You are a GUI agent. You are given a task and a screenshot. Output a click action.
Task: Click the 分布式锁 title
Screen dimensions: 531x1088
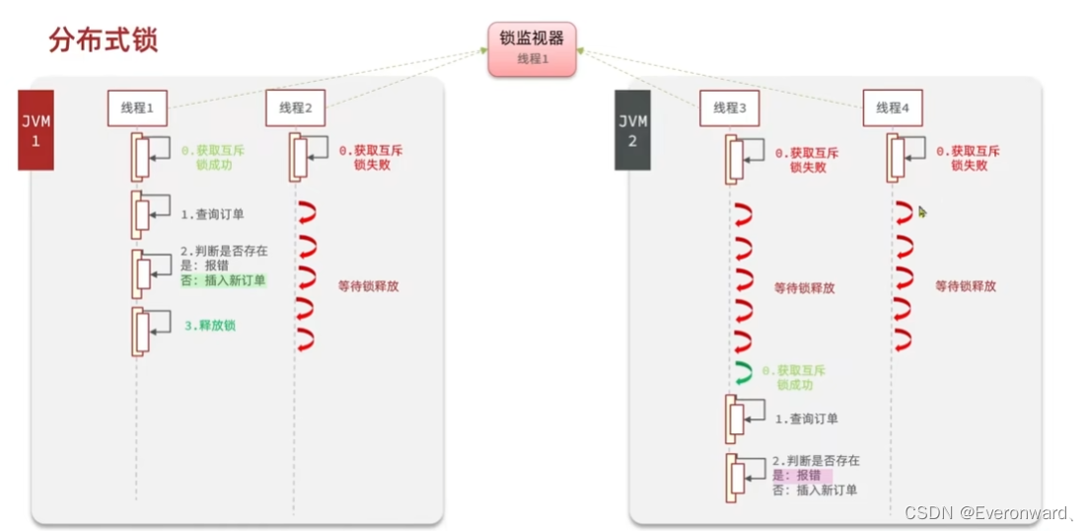coord(103,40)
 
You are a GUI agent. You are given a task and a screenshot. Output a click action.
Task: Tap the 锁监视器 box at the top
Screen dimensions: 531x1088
coord(532,48)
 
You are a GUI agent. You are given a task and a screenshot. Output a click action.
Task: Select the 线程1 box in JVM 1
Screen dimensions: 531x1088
coord(137,109)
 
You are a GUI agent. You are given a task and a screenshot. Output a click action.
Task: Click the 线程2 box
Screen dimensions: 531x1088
coord(295,109)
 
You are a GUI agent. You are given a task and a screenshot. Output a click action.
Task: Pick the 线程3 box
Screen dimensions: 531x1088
coord(729,109)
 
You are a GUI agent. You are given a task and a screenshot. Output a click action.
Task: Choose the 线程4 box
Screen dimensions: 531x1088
coord(893,109)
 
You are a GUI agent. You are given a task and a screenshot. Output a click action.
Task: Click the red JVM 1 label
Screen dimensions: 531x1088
coord(36,129)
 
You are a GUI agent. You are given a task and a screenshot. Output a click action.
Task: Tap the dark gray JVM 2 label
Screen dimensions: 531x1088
coord(632,129)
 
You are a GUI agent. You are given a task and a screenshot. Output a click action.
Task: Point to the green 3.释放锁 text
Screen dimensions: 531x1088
coord(210,326)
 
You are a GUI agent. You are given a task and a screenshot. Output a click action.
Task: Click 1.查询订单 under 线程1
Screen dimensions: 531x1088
coord(213,213)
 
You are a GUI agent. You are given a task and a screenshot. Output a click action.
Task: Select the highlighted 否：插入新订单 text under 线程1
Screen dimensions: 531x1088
coord(223,280)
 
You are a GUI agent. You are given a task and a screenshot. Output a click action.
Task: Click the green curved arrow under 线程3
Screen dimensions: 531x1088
coord(744,374)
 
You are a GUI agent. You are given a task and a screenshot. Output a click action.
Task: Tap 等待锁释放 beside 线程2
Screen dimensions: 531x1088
coord(368,287)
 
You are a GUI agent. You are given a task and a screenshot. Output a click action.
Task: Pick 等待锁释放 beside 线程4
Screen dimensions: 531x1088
coord(966,286)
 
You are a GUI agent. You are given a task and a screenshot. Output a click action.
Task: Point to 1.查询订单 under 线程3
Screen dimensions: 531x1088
coord(806,418)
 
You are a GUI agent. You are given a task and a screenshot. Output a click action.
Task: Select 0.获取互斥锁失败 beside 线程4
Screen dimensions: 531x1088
coord(968,158)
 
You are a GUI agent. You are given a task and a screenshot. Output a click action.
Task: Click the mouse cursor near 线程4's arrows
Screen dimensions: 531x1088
coord(922,211)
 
